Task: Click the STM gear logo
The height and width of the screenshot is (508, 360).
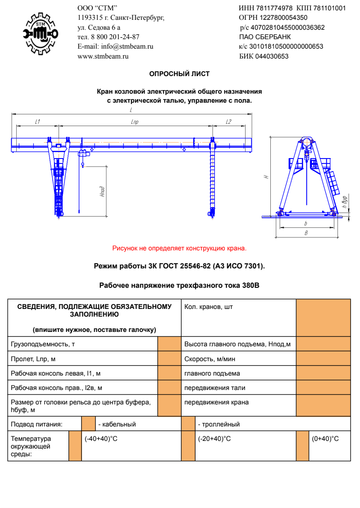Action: pyautogui.click(x=41, y=33)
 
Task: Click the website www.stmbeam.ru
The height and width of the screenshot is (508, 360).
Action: pyautogui.click(x=103, y=56)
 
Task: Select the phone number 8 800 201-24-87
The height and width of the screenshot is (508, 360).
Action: pyautogui.click(x=115, y=36)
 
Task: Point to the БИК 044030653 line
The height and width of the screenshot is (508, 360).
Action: pyautogui.click(x=264, y=56)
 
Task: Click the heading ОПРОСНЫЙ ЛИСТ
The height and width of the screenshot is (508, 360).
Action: pyautogui.click(x=179, y=74)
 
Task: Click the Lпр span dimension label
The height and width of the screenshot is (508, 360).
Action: pyautogui.click(x=134, y=122)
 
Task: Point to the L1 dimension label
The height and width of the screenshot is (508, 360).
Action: pyautogui.click(x=38, y=122)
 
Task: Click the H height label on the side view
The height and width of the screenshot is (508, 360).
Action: pyautogui.click(x=267, y=177)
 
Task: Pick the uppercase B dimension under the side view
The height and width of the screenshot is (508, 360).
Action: pyautogui.click(x=306, y=233)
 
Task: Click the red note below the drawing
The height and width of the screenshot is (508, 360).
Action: pyautogui.click(x=179, y=248)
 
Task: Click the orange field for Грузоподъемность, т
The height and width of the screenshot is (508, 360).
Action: pyautogui.click(x=169, y=344)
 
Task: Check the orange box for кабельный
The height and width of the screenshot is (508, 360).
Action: pyautogui.click(x=88, y=424)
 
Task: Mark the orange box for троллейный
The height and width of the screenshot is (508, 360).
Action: pyautogui.click(x=188, y=424)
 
